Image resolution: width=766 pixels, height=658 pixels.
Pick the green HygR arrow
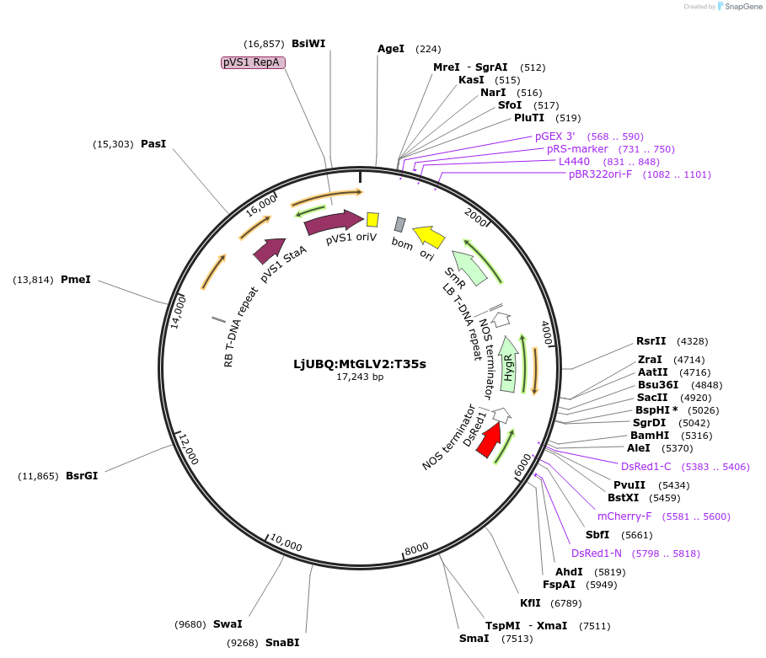tap(508, 363)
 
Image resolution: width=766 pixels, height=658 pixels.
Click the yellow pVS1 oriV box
tap(372, 220)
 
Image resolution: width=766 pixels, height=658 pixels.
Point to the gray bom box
tap(400, 224)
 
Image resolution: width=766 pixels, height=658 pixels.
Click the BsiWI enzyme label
tap(308, 44)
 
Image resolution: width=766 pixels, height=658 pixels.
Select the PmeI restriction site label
tap(75, 279)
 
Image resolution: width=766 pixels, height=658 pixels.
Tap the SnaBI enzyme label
tap(282, 642)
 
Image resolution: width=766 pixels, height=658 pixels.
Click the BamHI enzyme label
tap(649, 436)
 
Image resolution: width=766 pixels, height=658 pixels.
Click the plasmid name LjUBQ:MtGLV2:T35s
tap(360, 364)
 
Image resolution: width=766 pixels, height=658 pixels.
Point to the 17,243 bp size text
tap(360, 377)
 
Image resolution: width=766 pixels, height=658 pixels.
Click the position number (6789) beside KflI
tap(565, 603)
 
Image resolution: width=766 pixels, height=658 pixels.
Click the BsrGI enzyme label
tap(82, 476)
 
